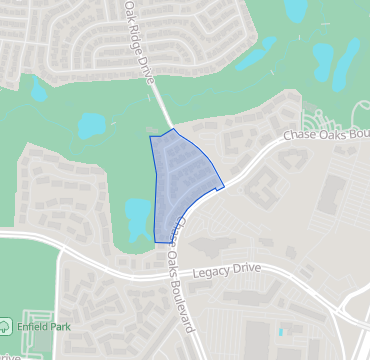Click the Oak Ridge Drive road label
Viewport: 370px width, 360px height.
click(x=141, y=39)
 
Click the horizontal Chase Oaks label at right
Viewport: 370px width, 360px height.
click(x=326, y=133)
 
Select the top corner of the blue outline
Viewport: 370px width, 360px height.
click(x=174, y=129)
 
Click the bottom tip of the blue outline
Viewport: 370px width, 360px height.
click(x=159, y=241)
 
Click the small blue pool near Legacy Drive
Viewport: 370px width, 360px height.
click(x=281, y=331)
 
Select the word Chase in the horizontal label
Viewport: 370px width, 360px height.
click(x=300, y=135)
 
